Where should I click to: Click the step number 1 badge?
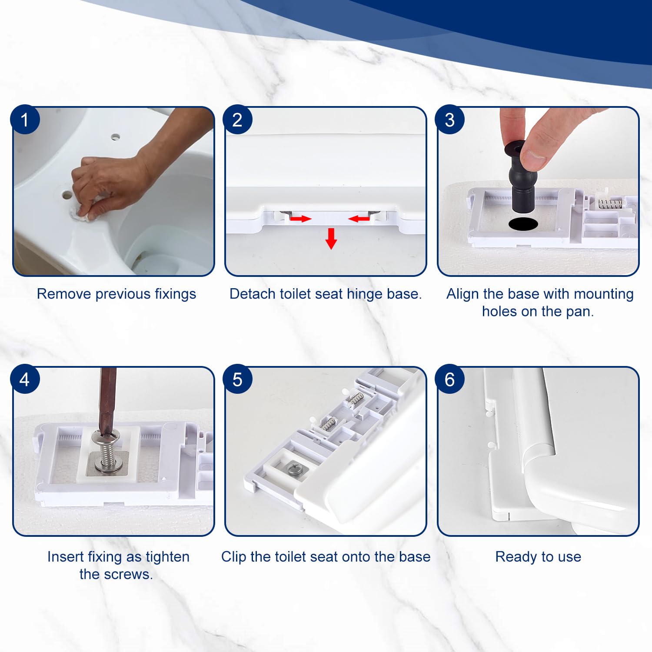25,120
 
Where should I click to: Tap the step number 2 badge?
237,120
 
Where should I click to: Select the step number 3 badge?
450,120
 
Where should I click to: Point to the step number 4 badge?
25,379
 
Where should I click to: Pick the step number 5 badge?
237,379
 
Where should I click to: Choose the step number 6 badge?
450,379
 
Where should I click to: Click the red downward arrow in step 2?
331,238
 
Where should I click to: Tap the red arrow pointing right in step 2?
301,218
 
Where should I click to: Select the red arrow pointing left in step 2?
359,218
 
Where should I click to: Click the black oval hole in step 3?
523,224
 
